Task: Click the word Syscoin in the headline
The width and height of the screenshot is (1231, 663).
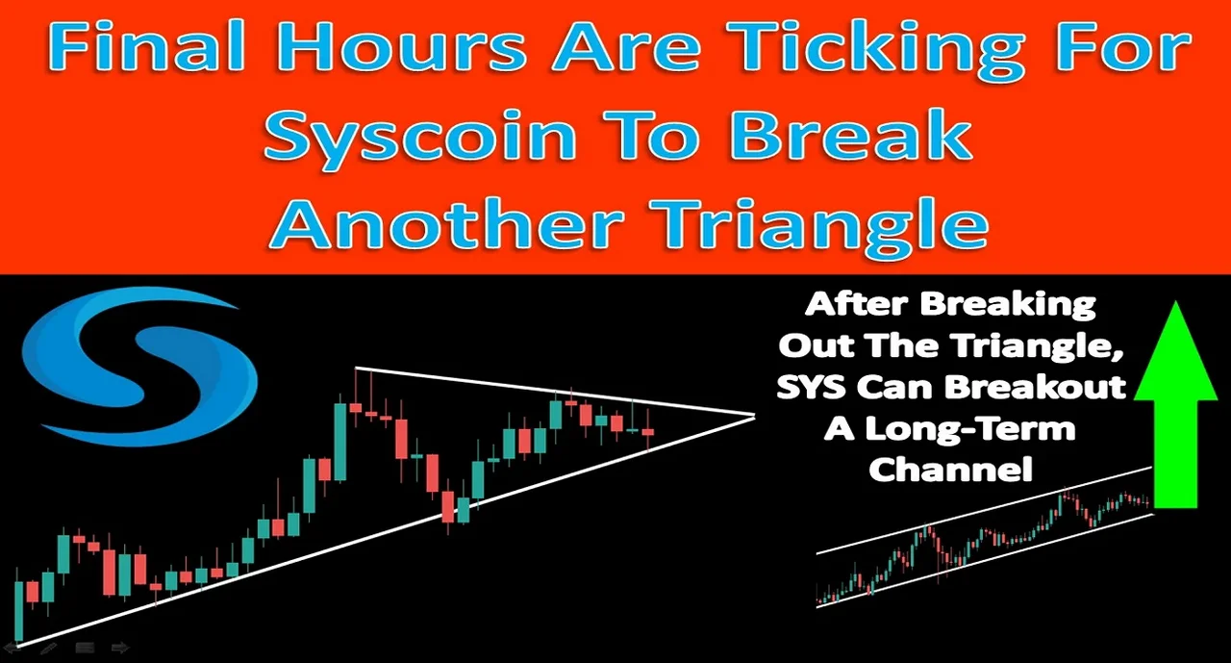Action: pos(420,134)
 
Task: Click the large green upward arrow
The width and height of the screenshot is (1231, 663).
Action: pos(1175,404)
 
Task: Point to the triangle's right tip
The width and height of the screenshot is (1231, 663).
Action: pos(756,415)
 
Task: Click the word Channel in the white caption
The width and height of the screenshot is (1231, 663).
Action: pos(951,469)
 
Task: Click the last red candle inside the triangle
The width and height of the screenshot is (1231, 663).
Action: pos(649,430)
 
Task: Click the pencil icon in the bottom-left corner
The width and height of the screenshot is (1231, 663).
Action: pos(48,649)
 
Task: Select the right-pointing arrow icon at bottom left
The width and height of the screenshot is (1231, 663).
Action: pos(120,649)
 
